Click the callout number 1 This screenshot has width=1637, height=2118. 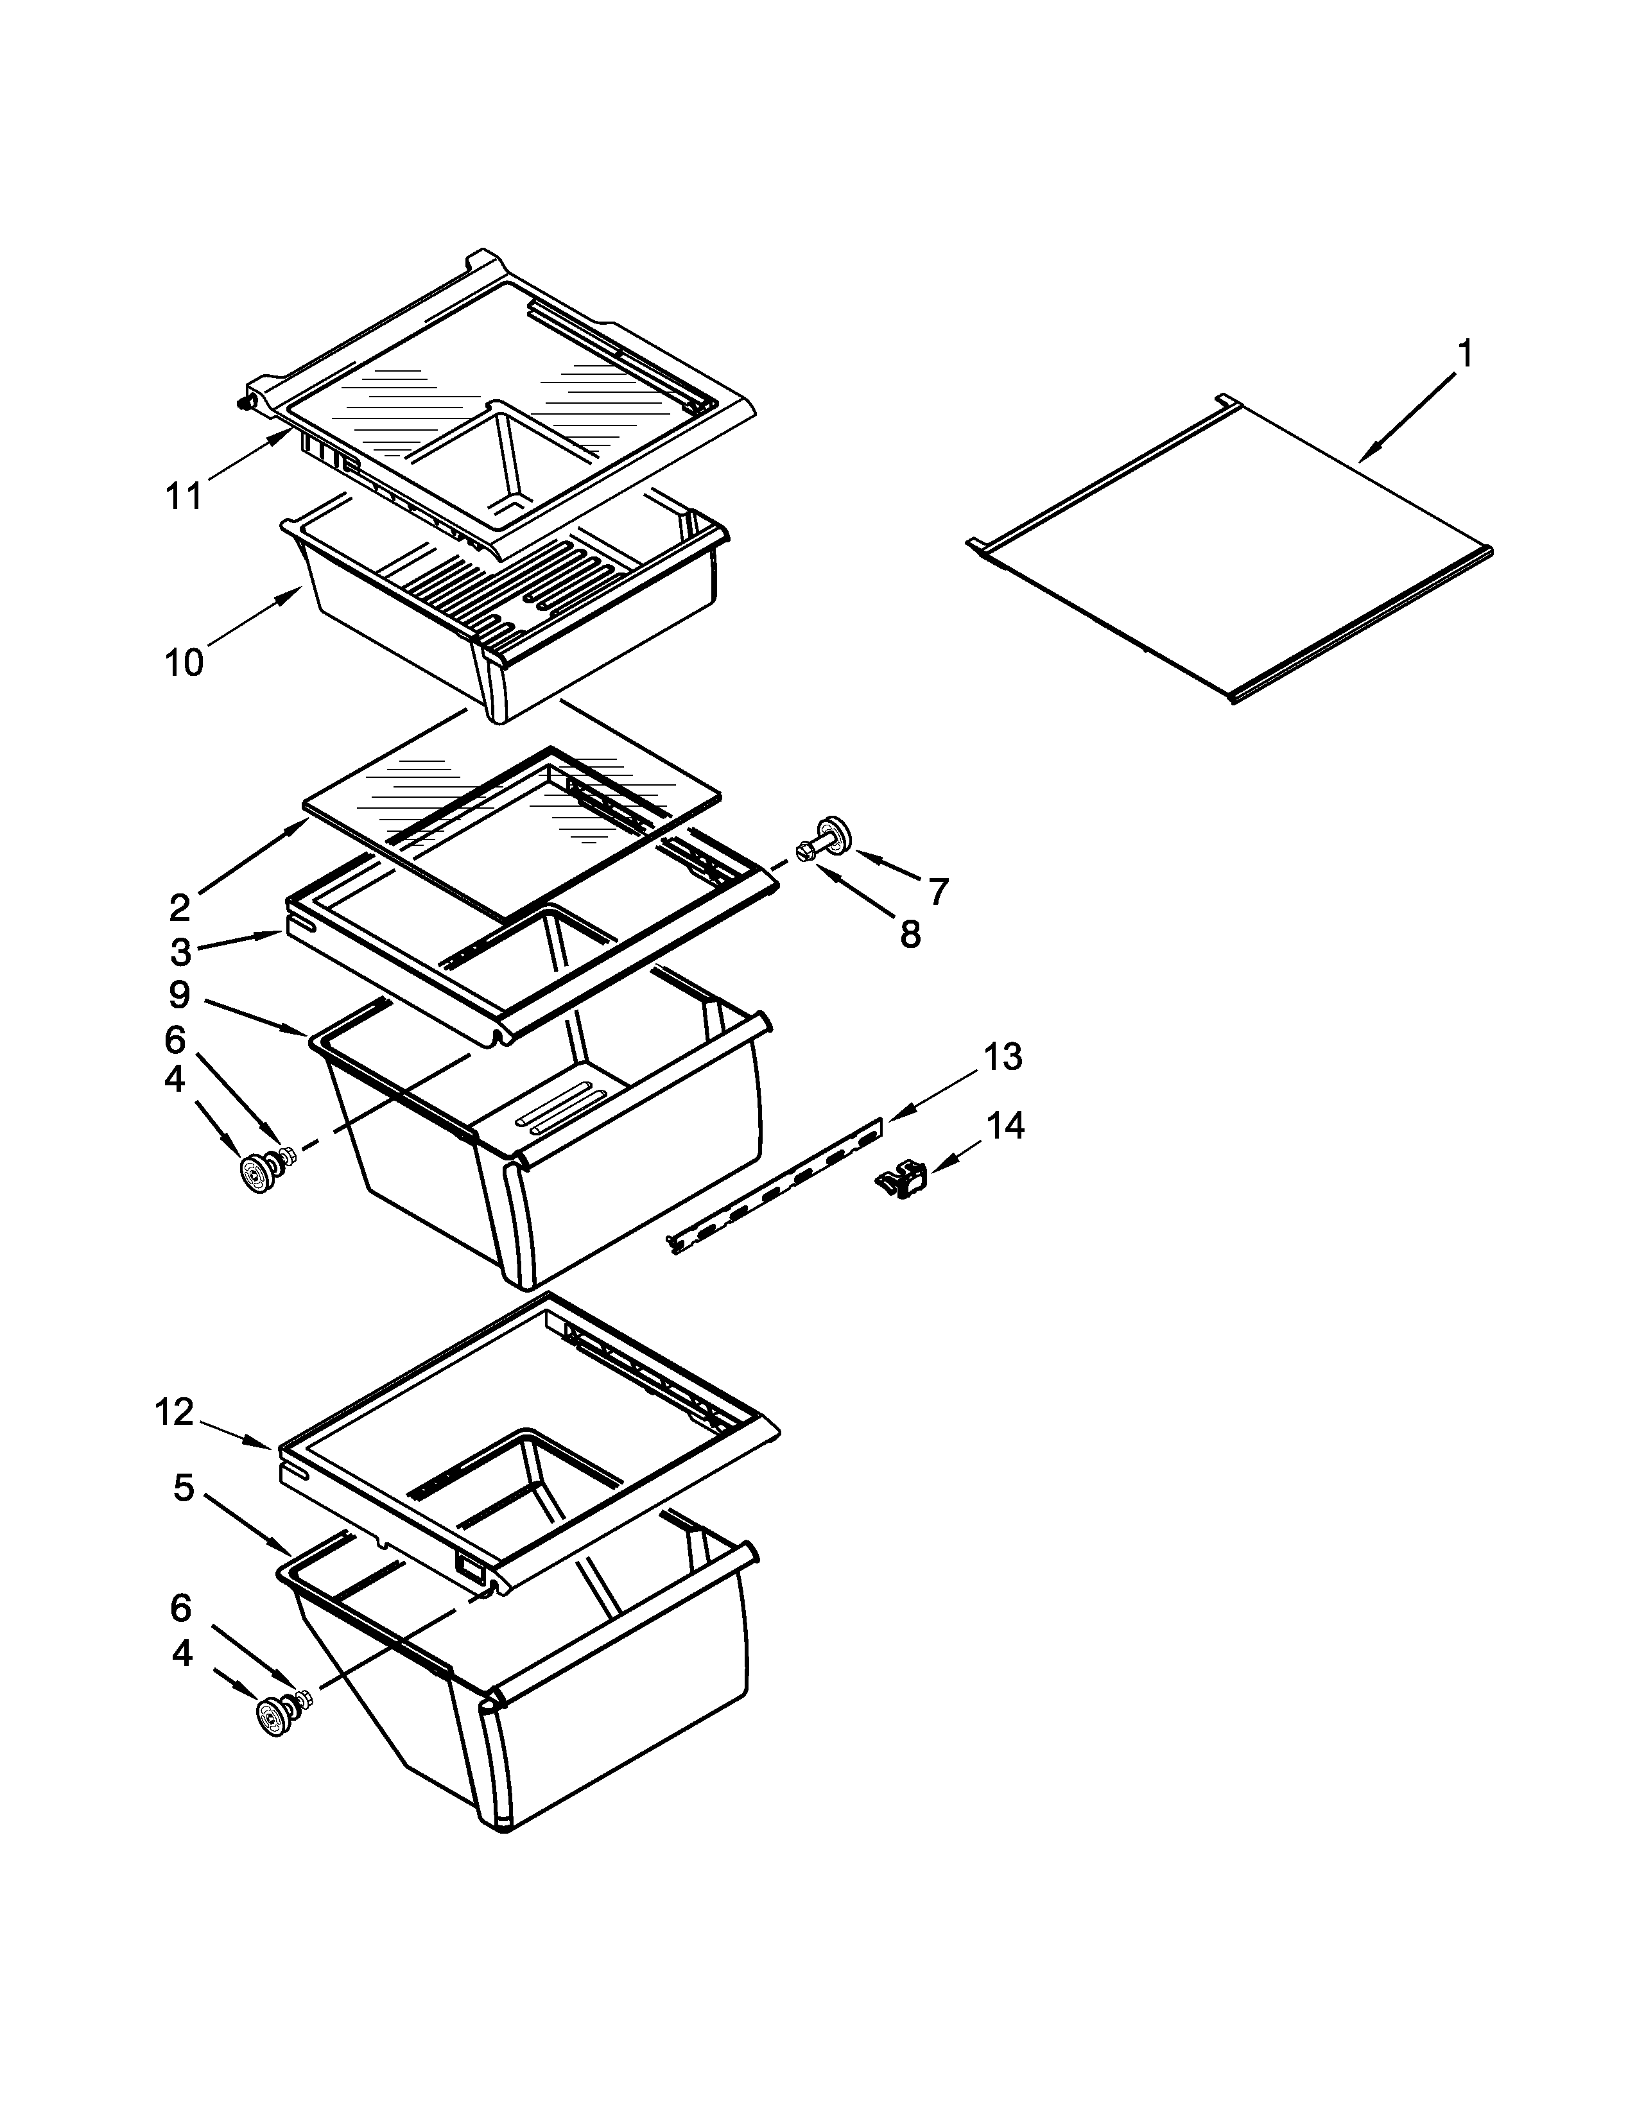(x=1466, y=354)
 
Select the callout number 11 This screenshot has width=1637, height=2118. (x=184, y=495)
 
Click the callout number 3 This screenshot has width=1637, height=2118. (x=181, y=952)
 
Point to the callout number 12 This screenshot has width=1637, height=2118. (x=175, y=1413)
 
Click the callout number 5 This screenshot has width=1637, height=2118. (x=184, y=1488)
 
